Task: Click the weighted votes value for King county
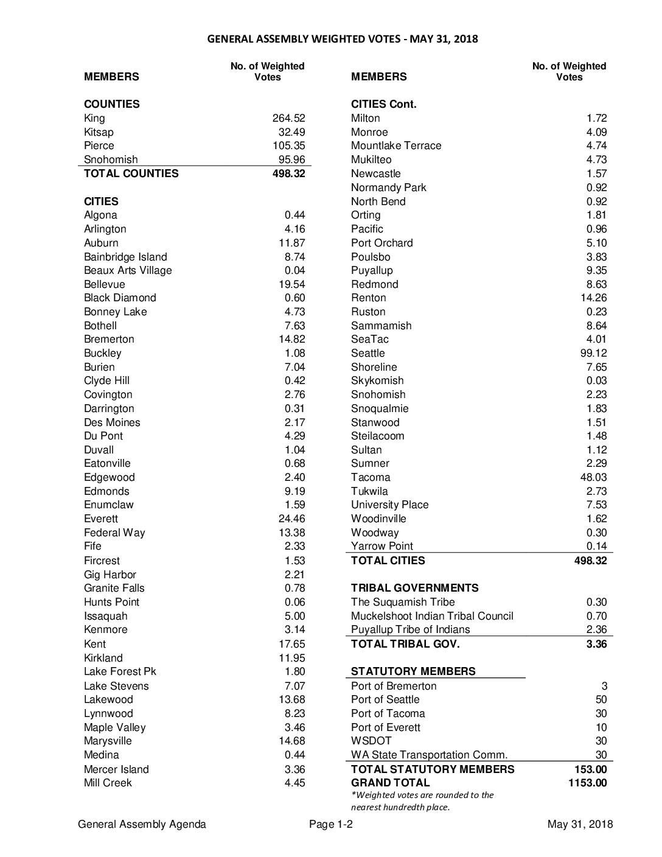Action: [288, 118]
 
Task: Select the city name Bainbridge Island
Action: [125, 257]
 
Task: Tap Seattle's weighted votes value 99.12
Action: [593, 353]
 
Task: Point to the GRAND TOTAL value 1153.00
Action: [587, 783]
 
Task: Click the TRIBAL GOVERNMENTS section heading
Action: [414, 588]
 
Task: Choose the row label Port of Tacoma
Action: [388, 713]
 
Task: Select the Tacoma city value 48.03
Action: [593, 477]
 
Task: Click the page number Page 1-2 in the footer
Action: [331, 824]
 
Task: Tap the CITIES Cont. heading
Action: [383, 104]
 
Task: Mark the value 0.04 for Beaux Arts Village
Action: [294, 270]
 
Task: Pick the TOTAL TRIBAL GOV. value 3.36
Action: [596, 644]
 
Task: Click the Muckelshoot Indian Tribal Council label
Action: [432, 616]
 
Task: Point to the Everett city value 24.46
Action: [291, 519]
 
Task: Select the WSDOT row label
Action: [371, 741]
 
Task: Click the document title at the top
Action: [343, 40]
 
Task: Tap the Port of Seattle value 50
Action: [601, 699]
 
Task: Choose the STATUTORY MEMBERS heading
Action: [413, 671]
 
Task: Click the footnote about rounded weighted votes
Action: [422, 801]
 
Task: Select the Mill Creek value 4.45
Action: [294, 783]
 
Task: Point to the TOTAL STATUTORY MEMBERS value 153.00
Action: [590, 769]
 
